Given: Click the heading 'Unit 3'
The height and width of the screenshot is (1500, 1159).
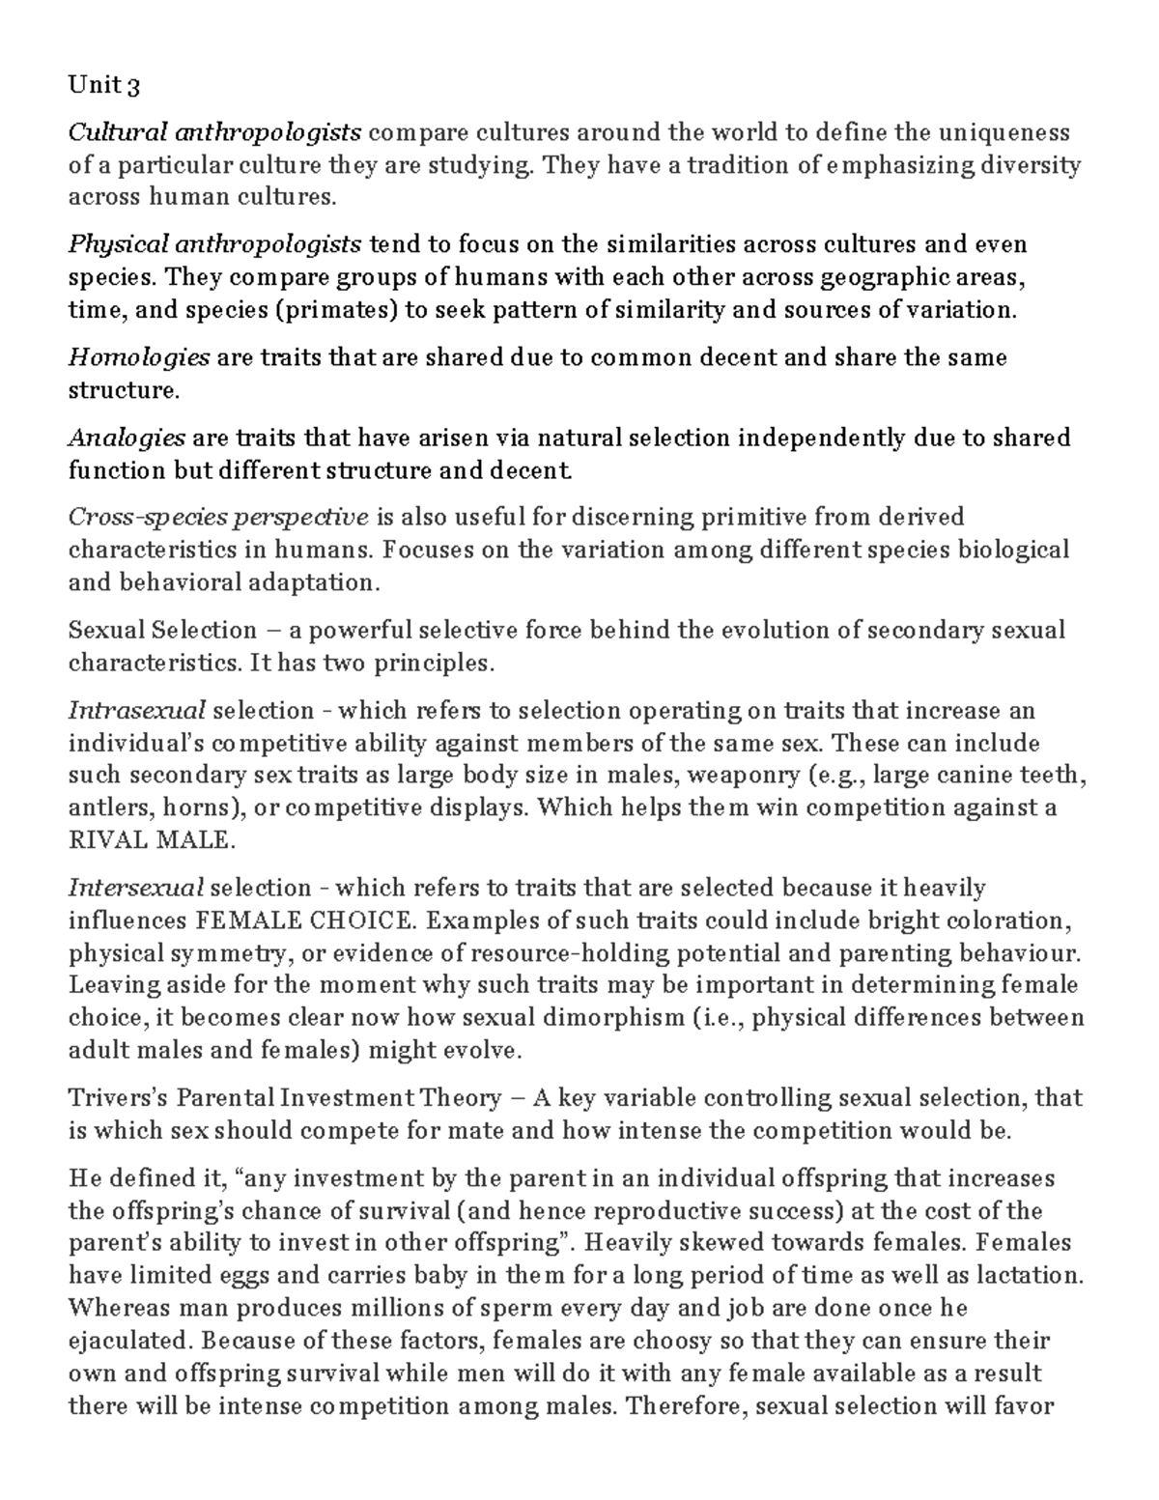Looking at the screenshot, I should point(103,86).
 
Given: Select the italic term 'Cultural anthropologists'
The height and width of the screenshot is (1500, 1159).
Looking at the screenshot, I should point(214,131).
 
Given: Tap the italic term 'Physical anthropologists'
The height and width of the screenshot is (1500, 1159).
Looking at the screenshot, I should point(214,243).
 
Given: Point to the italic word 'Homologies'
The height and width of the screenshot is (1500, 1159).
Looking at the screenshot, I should point(138,357).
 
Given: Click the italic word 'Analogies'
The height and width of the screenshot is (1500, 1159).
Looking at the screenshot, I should point(126,438).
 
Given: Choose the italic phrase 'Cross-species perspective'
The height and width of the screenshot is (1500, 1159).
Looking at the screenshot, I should point(218,518).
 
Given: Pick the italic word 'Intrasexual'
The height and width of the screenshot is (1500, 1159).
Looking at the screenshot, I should point(136,711).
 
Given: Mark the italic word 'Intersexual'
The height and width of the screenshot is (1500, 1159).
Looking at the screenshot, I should point(135,888).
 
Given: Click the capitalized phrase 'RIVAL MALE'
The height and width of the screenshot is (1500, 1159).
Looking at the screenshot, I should point(151,839).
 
